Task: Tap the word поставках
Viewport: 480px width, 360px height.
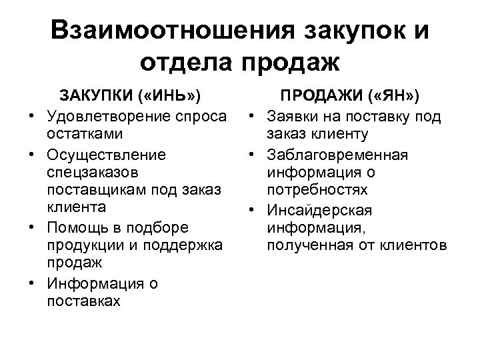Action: (84, 301)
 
